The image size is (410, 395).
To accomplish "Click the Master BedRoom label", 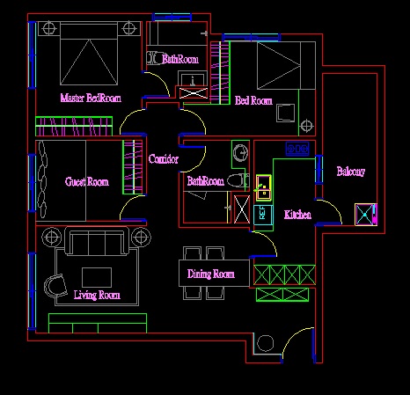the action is pyautogui.click(x=91, y=98).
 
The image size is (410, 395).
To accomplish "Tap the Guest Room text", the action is pyautogui.click(x=87, y=182).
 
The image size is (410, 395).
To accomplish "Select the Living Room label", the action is pyautogui.click(x=97, y=295).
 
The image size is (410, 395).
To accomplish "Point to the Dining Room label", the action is pyautogui.click(x=211, y=274).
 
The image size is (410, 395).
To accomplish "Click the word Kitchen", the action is pyautogui.click(x=297, y=215).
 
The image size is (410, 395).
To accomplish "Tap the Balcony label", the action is pyautogui.click(x=351, y=172).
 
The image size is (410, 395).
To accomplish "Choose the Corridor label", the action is pyautogui.click(x=164, y=158).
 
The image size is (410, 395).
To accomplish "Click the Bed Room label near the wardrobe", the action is pyautogui.click(x=253, y=100).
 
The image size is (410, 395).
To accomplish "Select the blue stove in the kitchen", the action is pyautogui.click(x=297, y=149).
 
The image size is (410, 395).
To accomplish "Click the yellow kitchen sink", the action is pyautogui.click(x=264, y=187).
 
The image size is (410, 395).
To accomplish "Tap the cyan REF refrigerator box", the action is pyautogui.click(x=263, y=215).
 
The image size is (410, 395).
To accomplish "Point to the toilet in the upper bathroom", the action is pyautogui.click(x=154, y=58).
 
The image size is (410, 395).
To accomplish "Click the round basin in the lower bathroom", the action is pyautogui.click(x=240, y=152).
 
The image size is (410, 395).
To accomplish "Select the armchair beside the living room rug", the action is pyautogui.click(x=55, y=286).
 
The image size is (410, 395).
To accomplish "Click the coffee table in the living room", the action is pyautogui.click(x=97, y=277).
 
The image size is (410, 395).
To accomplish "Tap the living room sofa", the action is pyautogui.click(x=97, y=240).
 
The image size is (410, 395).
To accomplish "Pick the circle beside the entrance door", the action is pyautogui.click(x=266, y=343).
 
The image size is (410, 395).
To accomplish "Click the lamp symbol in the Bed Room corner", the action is pyautogui.click(x=306, y=126).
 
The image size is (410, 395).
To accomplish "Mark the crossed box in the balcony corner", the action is pyautogui.click(x=365, y=215).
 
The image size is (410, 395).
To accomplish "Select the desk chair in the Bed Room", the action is pyautogui.click(x=286, y=113).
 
